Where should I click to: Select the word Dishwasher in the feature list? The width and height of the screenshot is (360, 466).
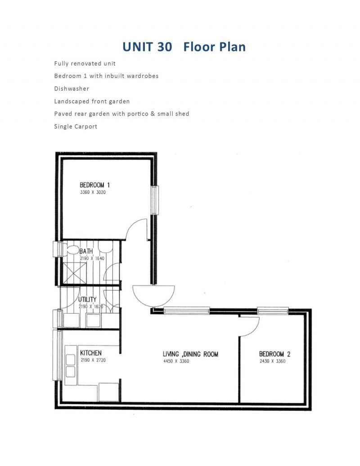coord(72,89)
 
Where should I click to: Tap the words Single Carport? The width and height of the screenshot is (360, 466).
coord(76,127)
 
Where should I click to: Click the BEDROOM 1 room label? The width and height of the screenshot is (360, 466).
coord(94,185)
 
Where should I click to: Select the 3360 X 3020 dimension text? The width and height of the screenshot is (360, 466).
coord(93,192)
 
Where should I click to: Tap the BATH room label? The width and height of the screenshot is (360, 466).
coord(86,251)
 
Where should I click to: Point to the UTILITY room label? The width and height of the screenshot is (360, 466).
coord(87,299)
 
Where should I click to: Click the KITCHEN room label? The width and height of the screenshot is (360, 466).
coord(90,353)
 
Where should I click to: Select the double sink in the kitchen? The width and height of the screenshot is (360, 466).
coord(71,365)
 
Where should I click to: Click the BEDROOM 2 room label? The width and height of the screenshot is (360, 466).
coord(271,354)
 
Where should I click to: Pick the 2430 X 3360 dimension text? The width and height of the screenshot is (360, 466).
coord(272,362)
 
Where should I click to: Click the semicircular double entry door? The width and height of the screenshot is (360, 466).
coord(153,295)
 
